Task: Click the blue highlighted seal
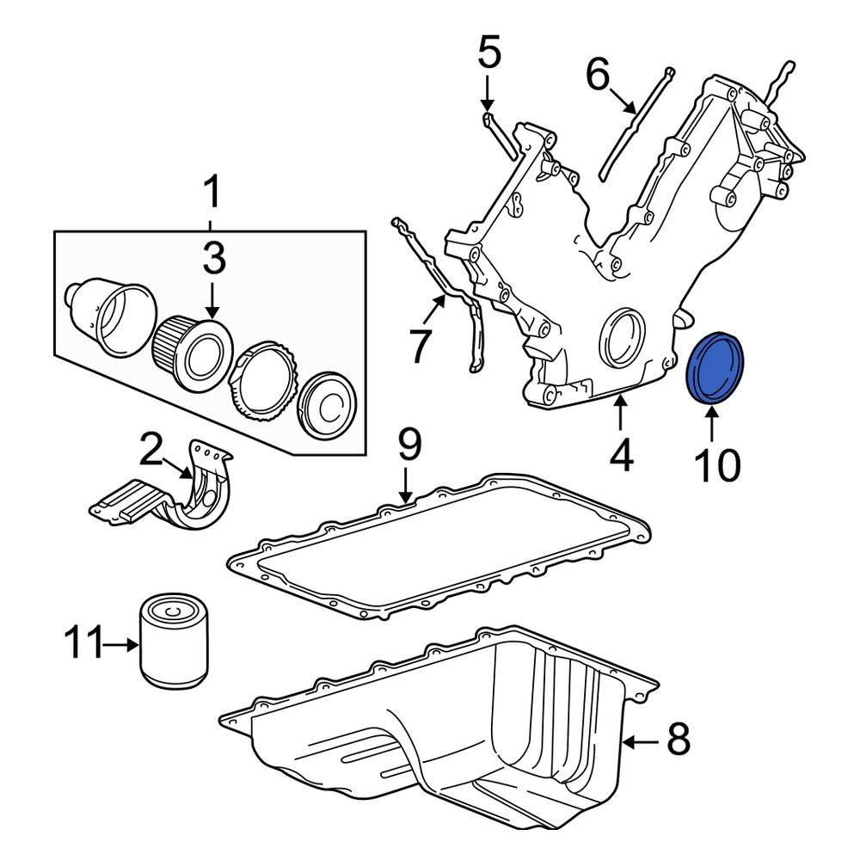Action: tap(719, 366)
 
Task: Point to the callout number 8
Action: tap(679, 740)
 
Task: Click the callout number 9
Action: tap(409, 445)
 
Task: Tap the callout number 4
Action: tap(621, 455)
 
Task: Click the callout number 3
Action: tap(212, 257)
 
